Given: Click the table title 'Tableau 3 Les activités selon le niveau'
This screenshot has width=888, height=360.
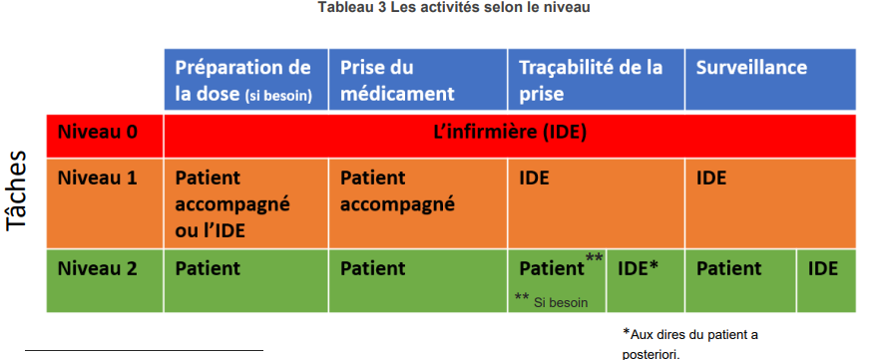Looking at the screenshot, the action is [454, 7].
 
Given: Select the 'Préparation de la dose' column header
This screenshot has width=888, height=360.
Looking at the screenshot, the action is [245, 79].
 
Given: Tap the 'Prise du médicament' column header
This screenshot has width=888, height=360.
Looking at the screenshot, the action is [418, 79].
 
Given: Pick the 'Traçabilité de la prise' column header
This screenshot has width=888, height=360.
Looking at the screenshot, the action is [597, 79].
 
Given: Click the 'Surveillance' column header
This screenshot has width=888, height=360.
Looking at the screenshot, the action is [771, 79].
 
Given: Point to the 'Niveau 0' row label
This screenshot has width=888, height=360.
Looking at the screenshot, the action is [98, 132].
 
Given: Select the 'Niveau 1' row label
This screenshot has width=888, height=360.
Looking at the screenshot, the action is [98, 178].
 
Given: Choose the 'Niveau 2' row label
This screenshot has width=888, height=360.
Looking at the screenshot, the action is [98, 267].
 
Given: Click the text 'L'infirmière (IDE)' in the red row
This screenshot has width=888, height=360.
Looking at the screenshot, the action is [510, 133].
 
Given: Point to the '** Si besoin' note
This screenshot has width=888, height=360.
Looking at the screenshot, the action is [551, 300].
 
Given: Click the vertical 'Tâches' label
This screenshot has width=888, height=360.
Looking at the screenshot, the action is [17, 190].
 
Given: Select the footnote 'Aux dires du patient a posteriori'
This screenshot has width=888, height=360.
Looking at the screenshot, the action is [690, 344].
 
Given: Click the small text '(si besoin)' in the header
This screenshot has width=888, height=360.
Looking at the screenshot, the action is [278, 96].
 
